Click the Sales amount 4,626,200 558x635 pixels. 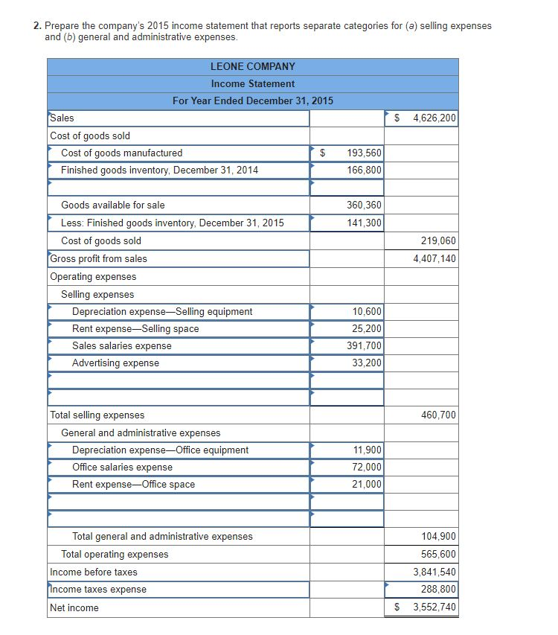pyautogui.click(x=434, y=118)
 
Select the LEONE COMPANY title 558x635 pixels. pyautogui.click(x=252, y=66)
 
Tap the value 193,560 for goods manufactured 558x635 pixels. pyautogui.click(x=364, y=153)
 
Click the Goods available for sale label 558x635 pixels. pyautogui.click(x=113, y=205)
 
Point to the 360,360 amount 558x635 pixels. pyautogui.click(x=364, y=205)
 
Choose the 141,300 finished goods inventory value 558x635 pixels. pyautogui.click(x=364, y=223)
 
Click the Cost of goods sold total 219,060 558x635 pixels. pyautogui.click(x=438, y=240)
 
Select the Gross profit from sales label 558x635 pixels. pyautogui.click(x=98, y=258)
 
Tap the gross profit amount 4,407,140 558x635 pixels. pyautogui.click(x=434, y=258)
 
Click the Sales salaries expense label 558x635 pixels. pyautogui.click(x=121, y=345)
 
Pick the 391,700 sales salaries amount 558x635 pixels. pyautogui.click(x=364, y=345)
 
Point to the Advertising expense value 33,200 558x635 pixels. pyautogui.click(x=366, y=363)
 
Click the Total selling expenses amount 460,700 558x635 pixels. pyautogui.click(x=438, y=415)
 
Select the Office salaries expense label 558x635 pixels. pyautogui.click(x=122, y=467)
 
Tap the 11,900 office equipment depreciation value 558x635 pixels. pyautogui.click(x=366, y=450)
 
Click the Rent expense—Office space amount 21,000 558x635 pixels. pyautogui.click(x=366, y=484)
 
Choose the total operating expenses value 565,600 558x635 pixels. pyautogui.click(x=438, y=554)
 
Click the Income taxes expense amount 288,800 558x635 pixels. pyautogui.click(x=438, y=589)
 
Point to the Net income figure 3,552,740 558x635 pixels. pyautogui.click(x=434, y=607)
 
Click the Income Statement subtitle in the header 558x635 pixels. pyautogui.click(x=252, y=83)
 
